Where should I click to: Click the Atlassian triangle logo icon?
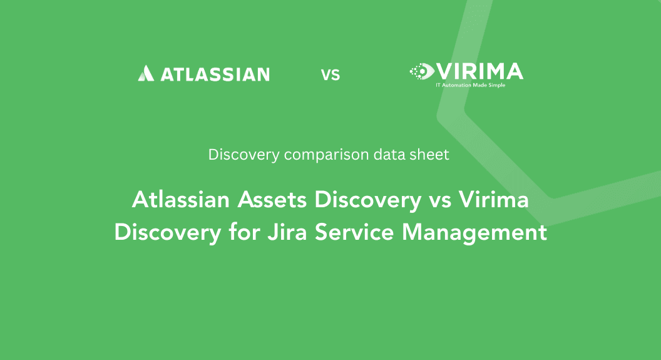[145, 74]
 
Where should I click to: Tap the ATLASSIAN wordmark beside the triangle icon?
[215, 75]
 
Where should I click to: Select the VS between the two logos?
[330, 75]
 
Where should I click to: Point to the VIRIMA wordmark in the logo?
[478, 71]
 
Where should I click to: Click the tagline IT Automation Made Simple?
[471, 85]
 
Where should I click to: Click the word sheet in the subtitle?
[428, 154]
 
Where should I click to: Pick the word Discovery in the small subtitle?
[243, 155]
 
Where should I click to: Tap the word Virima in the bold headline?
[493, 200]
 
